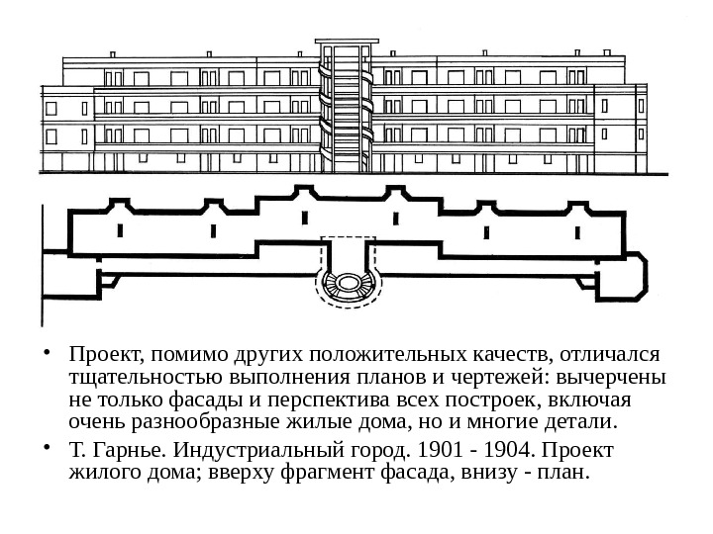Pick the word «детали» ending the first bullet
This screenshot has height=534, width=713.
584,425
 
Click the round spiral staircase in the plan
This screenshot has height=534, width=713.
347,284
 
